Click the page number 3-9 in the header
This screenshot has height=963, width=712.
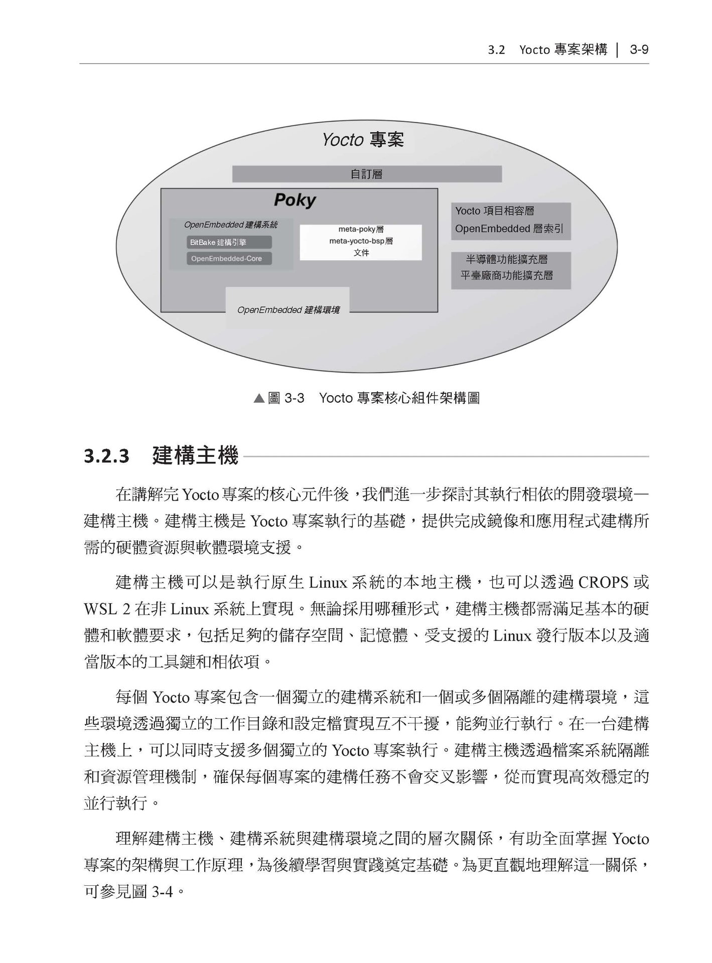(639, 50)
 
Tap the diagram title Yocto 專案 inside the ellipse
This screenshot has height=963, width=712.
(363, 139)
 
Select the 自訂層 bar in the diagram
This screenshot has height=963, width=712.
(366, 174)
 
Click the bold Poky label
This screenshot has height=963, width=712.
(295, 200)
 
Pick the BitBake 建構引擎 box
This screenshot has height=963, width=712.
(229, 242)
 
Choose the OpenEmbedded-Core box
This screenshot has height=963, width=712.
(229, 258)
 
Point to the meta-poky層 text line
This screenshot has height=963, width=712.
(361, 229)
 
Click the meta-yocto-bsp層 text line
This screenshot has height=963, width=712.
(361, 241)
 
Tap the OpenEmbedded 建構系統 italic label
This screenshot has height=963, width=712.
(231, 225)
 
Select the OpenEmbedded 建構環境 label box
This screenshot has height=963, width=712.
(288, 309)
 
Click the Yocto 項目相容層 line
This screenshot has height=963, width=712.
(494, 211)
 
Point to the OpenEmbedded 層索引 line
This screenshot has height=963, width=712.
(509, 229)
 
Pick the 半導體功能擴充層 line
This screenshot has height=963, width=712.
(507, 259)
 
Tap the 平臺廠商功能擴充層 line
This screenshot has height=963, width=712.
(507, 275)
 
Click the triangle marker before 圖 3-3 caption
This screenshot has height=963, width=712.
(259, 399)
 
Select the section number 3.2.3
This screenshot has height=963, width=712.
(106, 457)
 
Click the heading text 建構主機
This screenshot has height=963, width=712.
(195, 456)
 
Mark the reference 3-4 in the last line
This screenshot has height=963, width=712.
(162, 892)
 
